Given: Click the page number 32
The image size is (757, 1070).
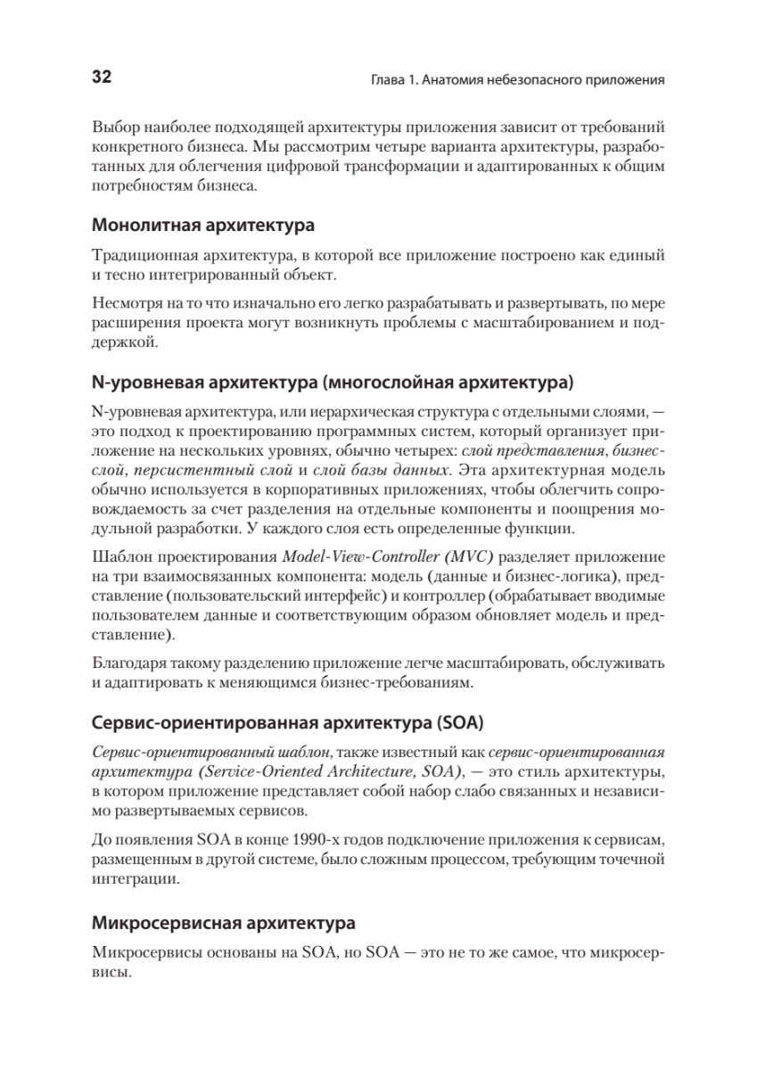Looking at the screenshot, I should pyautogui.click(x=101, y=78).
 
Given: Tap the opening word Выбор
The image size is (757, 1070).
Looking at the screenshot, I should pyautogui.click(x=114, y=125).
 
